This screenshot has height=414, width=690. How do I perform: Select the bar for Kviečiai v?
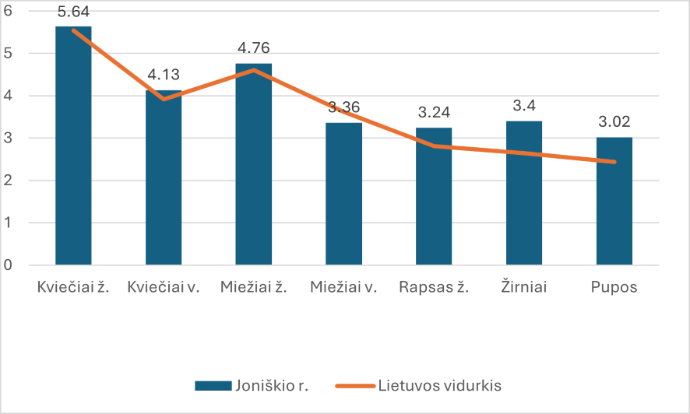(x=164, y=178)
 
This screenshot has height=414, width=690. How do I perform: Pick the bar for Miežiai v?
(x=343, y=195)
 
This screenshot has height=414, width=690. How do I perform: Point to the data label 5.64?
(x=73, y=12)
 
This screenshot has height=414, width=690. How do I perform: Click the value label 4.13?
(x=164, y=75)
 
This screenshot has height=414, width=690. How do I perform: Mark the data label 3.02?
(x=614, y=122)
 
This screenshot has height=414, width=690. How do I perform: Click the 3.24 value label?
(x=434, y=113)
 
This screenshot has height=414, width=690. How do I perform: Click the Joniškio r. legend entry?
(x=252, y=385)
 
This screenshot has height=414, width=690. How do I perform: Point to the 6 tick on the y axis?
(x=9, y=11)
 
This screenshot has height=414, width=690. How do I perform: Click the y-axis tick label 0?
(x=9, y=265)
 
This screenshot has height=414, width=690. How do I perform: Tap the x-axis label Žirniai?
(x=524, y=287)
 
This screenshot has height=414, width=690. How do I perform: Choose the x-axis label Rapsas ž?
(x=434, y=287)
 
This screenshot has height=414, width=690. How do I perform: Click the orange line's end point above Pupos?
(x=614, y=162)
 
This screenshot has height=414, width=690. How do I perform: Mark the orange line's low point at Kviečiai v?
(x=164, y=99)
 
